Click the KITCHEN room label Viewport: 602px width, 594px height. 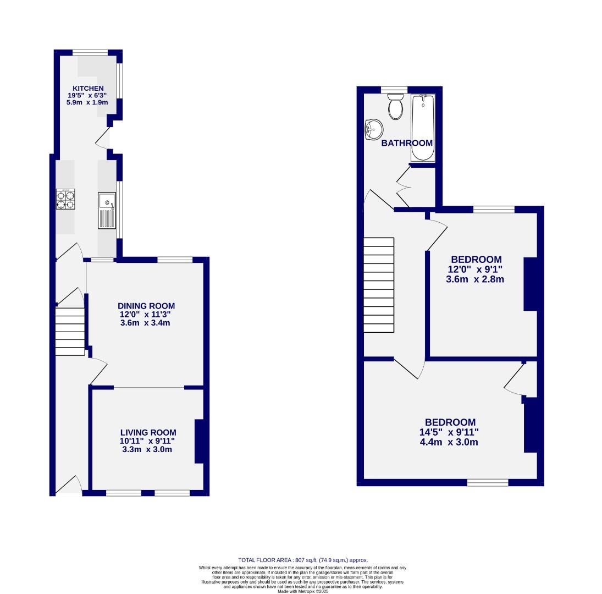(x=88, y=89)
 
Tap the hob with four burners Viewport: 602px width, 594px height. (x=65, y=199)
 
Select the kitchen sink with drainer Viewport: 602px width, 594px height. (x=107, y=210)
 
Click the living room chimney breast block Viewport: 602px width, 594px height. (x=198, y=441)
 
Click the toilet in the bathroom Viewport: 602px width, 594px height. (x=395, y=106)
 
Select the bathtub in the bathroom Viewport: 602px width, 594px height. (x=423, y=128)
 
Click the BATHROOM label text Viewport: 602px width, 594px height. (x=407, y=143)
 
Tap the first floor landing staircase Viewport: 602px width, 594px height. (x=379, y=284)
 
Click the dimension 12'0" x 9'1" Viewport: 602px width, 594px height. (x=476, y=269)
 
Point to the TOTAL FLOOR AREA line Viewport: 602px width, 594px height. (x=302, y=560)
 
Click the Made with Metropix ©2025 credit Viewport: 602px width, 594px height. (x=302, y=591)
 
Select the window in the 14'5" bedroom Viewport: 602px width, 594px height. (x=487, y=482)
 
